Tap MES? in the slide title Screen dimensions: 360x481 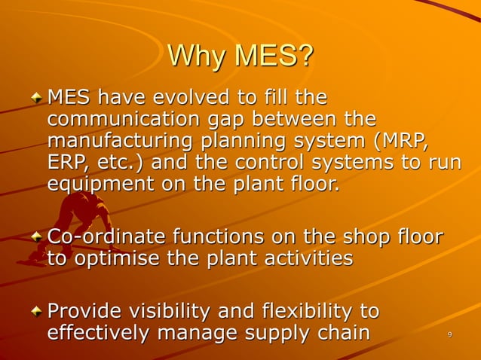pos(272,56)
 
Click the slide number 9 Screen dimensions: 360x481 pos(449,334)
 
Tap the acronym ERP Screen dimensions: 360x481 pos(66,162)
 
